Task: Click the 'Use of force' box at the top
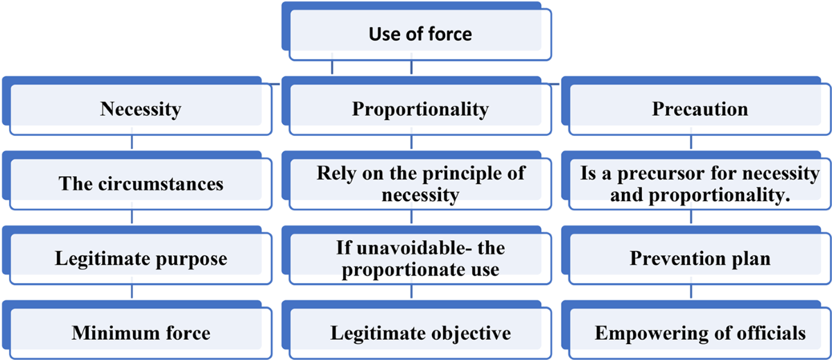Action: [x=420, y=33]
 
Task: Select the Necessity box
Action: [x=141, y=109]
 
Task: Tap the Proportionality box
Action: [x=420, y=109]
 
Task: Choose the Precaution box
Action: [x=700, y=109]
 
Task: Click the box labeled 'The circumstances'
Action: [x=141, y=184]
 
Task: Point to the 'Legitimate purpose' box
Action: [x=141, y=259]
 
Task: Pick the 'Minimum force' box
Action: [x=141, y=334]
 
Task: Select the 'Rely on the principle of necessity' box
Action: [x=420, y=184]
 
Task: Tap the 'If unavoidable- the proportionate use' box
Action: [x=420, y=259]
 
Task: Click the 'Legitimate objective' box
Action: [x=420, y=334]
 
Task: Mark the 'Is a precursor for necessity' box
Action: [x=700, y=184]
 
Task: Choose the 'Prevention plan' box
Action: [x=700, y=259]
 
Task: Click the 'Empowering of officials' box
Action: [x=700, y=334]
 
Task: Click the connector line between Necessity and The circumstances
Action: [x=132, y=143]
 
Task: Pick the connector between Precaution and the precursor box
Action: [x=691, y=143]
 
